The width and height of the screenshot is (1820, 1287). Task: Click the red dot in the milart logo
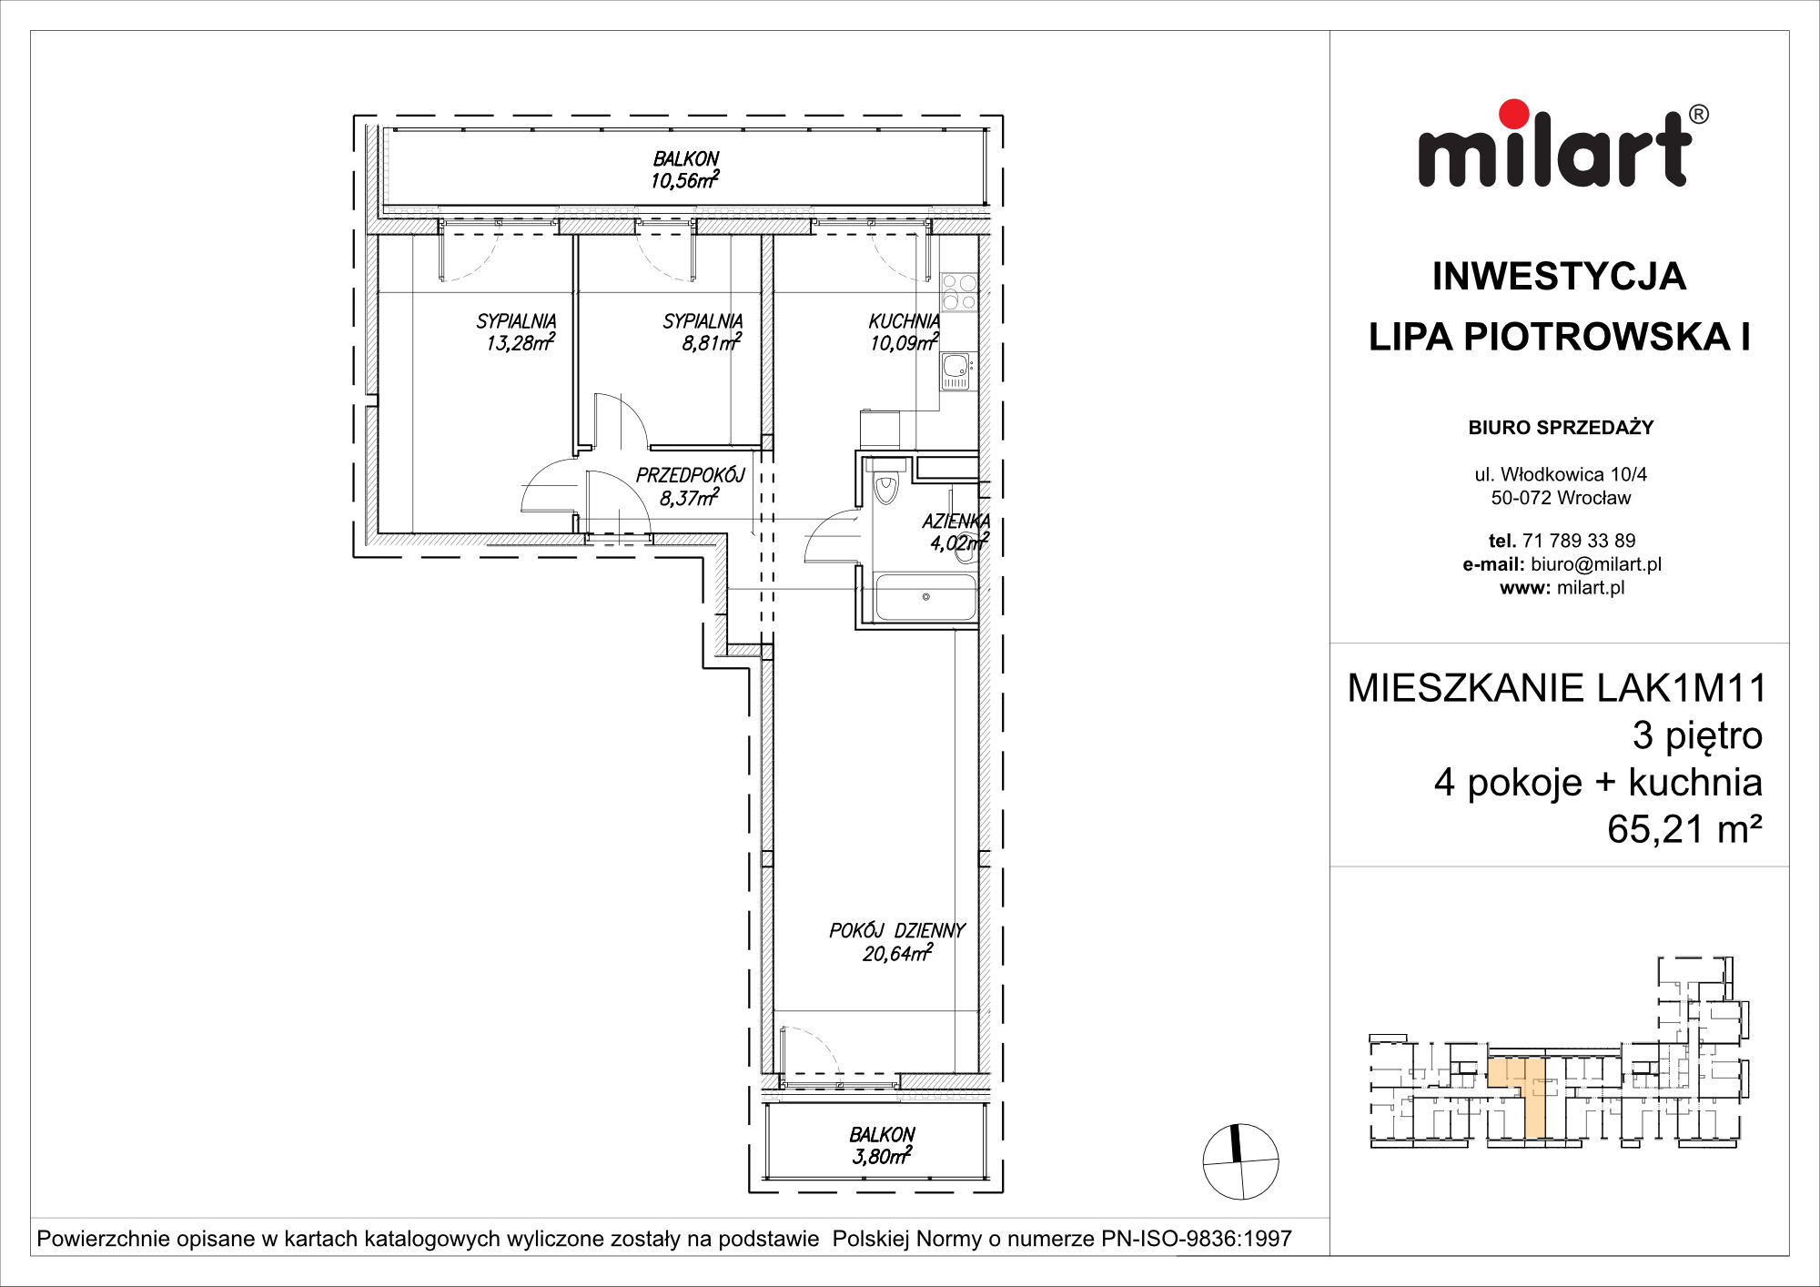coord(1514,115)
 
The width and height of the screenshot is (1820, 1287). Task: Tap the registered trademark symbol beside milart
coord(1698,115)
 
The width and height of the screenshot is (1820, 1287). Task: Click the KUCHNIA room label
coord(904,321)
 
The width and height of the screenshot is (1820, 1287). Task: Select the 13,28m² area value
coord(520,342)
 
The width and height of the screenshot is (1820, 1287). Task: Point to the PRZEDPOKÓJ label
coord(690,475)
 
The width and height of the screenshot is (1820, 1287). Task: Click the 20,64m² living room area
coord(897,952)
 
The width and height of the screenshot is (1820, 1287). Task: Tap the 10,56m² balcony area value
coord(684,179)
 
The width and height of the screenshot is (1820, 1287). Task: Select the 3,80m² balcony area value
coord(882,1156)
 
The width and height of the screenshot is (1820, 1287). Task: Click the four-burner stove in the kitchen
coord(959,292)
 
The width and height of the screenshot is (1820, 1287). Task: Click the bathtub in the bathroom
coord(925,597)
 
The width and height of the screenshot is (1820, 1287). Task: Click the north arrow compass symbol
coord(1240,1161)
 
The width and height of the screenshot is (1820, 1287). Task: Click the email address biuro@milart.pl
coord(1596,564)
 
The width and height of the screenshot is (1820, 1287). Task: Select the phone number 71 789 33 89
coord(1579,541)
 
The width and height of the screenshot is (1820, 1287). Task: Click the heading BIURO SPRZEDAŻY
coord(1561,427)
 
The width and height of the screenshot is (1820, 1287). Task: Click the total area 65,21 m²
coord(1685,828)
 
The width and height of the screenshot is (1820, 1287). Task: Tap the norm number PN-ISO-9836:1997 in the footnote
coord(1197,1239)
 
